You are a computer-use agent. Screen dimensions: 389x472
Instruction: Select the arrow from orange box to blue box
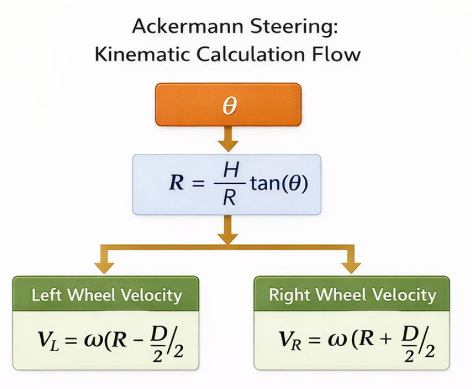click(x=228, y=140)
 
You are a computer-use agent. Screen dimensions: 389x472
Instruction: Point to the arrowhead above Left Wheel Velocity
click(x=105, y=267)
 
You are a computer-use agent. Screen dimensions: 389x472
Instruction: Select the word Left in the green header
click(x=46, y=295)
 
